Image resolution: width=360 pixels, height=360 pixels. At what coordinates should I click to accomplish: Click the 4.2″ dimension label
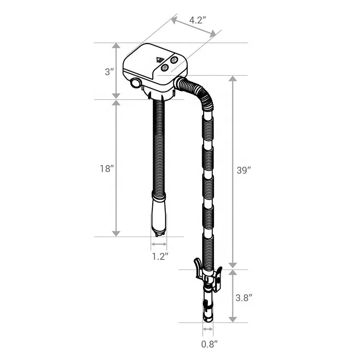196,20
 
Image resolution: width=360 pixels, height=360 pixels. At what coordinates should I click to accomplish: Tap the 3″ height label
109,72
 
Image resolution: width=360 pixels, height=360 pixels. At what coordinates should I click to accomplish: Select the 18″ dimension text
107,169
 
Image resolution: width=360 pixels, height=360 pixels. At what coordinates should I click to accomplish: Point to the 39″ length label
244,170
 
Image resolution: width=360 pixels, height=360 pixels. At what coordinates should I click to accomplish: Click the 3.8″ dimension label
244,298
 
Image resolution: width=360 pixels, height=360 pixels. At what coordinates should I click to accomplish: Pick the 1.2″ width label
160,256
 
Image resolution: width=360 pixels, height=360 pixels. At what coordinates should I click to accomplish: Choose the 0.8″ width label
209,344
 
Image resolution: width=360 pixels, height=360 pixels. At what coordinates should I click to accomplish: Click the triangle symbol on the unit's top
159,60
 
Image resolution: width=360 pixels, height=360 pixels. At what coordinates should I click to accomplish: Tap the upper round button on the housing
174,60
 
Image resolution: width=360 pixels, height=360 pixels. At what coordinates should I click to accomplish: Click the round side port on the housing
135,83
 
